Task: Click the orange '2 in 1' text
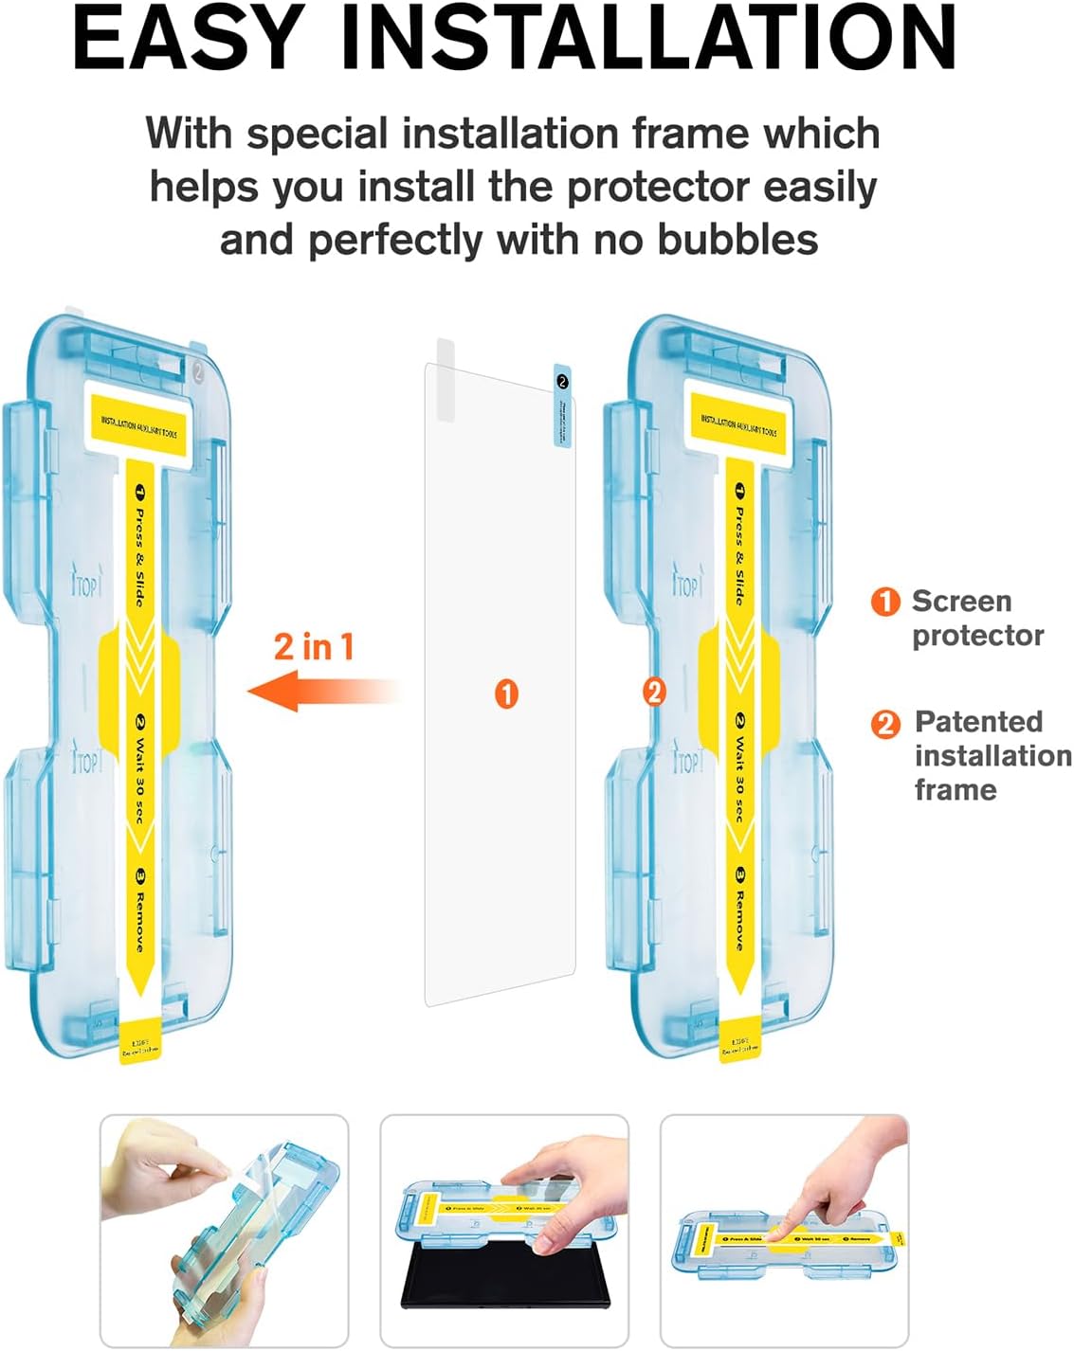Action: click(314, 647)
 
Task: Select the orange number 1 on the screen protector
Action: click(507, 694)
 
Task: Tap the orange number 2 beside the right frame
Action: click(653, 693)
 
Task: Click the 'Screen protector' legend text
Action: click(977, 618)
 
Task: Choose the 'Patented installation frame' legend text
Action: click(992, 755)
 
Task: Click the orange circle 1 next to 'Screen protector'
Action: click(885, 601)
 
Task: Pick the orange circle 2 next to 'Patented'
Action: click(885, 724)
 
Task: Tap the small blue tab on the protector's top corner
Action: click(562, 405)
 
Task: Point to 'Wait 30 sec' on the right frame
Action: click(739, 767)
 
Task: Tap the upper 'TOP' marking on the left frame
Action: click(85, 586)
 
